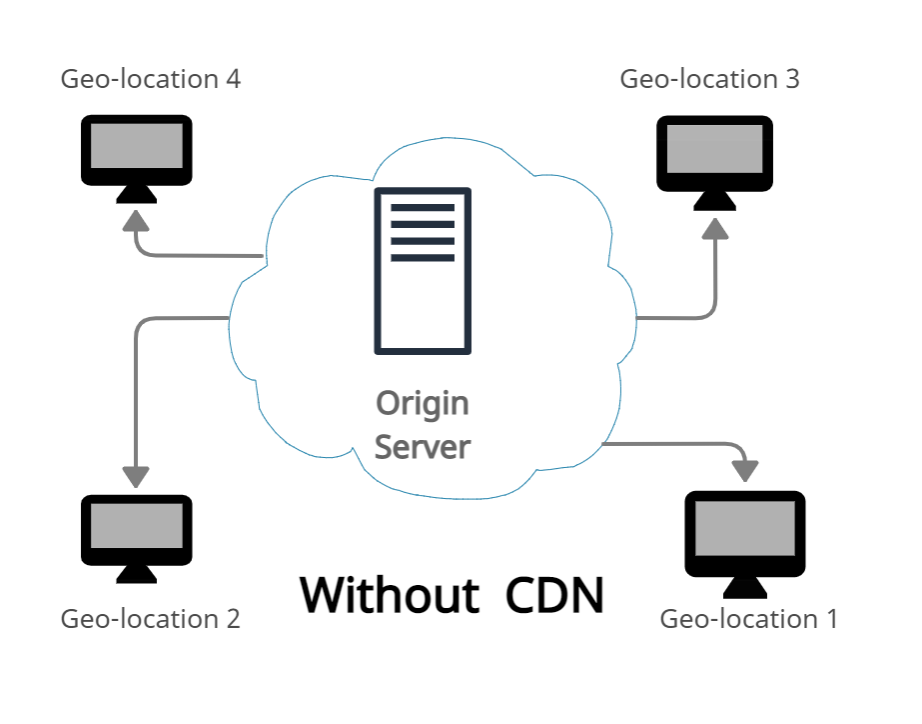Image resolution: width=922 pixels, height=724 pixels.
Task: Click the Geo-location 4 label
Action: pyautogui.click(x=151, y=79)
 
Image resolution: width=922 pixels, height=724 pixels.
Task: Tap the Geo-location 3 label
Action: pyautogui.click(x=709, y=79)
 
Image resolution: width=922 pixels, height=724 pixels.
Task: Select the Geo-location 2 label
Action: pyautogui.click(x=151, y=619)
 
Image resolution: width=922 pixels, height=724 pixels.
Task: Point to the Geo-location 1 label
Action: pyautogui.click(x=748, y=619)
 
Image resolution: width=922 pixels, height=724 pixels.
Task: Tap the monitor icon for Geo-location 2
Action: pyautogui.click(x=136, y=530)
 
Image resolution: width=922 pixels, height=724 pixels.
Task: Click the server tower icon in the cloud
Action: pyautogui.click(x=423, y=271)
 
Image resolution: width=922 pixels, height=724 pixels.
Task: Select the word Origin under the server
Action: pyautogui.click(x=422, y=403)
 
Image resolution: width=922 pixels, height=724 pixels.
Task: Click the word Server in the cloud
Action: pyautogui.click(x=422, y=446)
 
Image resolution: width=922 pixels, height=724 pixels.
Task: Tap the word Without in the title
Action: pyautogui.click(x=390, y=595)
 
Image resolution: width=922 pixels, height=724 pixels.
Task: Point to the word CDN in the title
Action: pyautogui.click(x=554, y=595)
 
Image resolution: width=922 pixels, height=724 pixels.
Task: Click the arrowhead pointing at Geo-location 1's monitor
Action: pyautogui.click(x=745, y=468)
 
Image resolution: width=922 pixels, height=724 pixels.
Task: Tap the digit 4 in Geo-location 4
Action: pyautogui.click(x=233, y=79)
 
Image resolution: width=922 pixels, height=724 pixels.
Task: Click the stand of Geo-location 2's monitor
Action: pyautogui.click(x=136, y=573)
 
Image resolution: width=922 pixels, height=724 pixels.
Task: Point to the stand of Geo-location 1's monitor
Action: pyautogui.click(x=744, y=586)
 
